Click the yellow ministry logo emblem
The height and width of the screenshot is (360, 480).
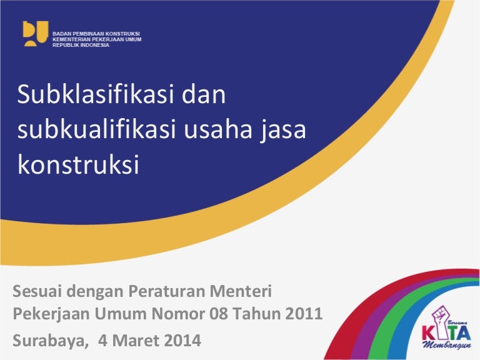point(35,34)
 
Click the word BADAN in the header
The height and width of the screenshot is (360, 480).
point(62,32)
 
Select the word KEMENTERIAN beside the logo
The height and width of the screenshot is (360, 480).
point(71,39)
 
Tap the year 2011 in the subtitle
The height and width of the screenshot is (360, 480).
point(306,314)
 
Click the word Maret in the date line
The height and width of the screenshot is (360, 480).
point(134,341)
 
